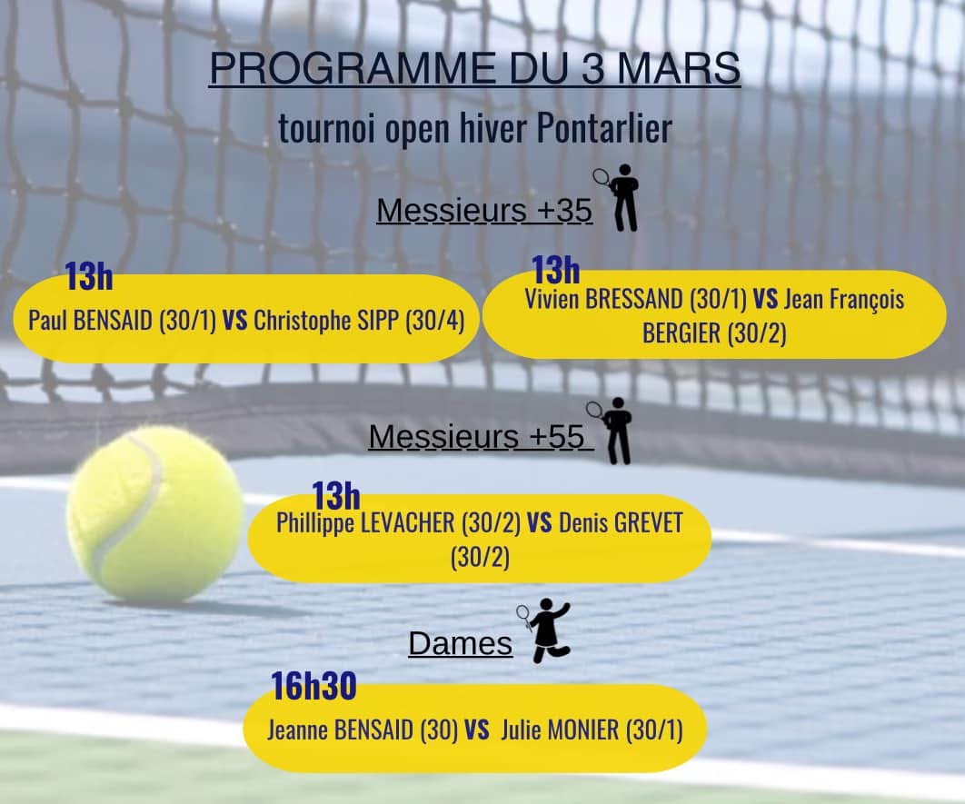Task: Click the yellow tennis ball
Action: [x=155, y=514]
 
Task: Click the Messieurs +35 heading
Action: [x=484, y=211]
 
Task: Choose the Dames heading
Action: [x=461, y=644]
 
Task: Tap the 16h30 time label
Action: [x=313, y=687]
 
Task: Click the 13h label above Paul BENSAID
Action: [x=89, y=276]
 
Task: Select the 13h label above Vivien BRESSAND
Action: [x=556, y=270]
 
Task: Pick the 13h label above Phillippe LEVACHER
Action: [x=336, y=496]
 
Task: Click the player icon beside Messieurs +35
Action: [x=617, y=197]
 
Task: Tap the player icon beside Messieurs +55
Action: [x=611, y=431]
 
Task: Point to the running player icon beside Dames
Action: [x=544, y=630]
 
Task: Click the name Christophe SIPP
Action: [x=326, y=321]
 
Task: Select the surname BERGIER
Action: [x=681, y=333]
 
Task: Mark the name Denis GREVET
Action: [x=621, y=523]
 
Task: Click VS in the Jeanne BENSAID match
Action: [x=477, y=730]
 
